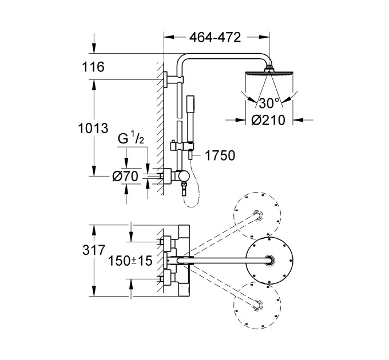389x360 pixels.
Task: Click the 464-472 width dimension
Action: (215, 37)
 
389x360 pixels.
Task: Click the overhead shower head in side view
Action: (269, 74)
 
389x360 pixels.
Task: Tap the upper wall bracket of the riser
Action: (166, 79)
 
